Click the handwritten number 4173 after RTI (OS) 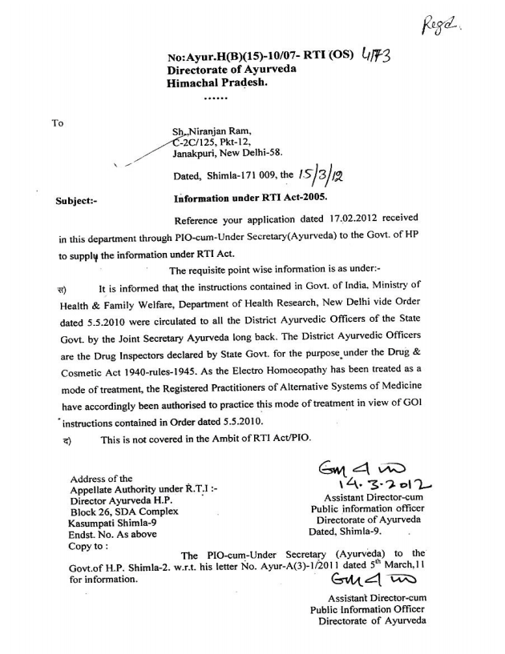(371, 57)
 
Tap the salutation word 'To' (57, 122)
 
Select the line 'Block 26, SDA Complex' (124, 511)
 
